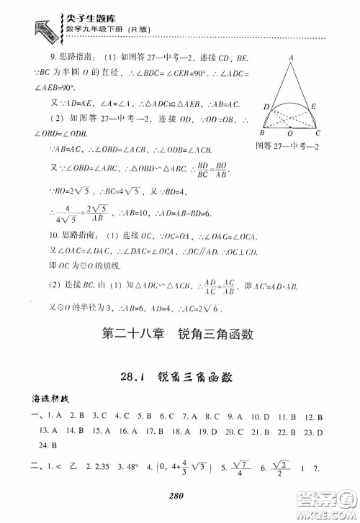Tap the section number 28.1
pos(118,376)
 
